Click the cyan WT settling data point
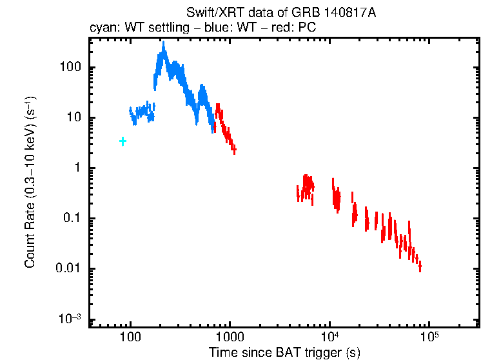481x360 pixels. [x=123, y=141]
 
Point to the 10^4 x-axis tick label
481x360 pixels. [x=329, y=337]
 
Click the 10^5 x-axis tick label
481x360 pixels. [x=429, y=337]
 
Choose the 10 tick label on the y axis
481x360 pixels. [x=72, y=118]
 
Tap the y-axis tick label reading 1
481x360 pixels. [x=75, y=168]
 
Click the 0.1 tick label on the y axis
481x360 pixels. [x=70, y=219]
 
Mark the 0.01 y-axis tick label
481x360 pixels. [x=68, y=269]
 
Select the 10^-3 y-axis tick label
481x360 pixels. [x=69, y=319]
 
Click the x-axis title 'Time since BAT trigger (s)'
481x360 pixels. [x=284, y=352]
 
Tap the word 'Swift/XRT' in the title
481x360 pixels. [x=210, y=14]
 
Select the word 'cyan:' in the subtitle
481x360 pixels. [x=103, y=28]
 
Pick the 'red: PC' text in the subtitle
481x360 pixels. [x=297, y=28]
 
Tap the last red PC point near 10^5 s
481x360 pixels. [x=420, y=266]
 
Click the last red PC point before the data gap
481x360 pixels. [x=234, y=150]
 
